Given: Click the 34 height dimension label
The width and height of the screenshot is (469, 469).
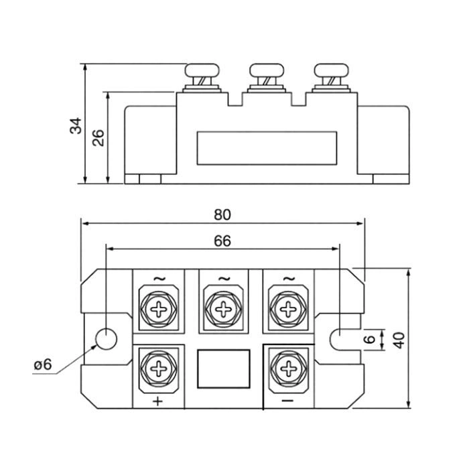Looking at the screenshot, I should click(x=75, y=125).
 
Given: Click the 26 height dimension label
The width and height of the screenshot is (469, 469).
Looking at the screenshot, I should click(x=98, y=137).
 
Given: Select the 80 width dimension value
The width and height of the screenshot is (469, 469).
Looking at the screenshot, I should click(x=222, y=214).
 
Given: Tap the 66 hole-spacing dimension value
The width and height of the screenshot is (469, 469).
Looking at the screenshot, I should click(x=222, y=241).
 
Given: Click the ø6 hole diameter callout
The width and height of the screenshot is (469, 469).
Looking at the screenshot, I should click(x=42, y=364).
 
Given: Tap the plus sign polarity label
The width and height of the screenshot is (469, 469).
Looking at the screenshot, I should click(x=158, y=401).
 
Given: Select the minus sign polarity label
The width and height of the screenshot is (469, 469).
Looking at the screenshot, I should click(x=288, y=401).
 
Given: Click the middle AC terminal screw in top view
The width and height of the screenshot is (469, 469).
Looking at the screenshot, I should click(x=223, y=308).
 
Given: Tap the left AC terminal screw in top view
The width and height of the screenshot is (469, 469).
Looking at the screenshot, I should click(x=159, y=308).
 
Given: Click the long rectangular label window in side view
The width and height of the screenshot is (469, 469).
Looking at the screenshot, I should click(x=266, y=148).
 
